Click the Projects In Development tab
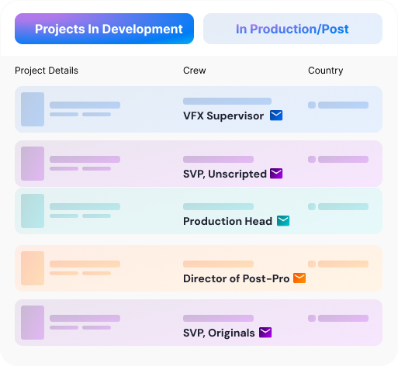(104, 29)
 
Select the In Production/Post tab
(292, 29)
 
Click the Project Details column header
(47, 71)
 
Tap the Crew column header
(195, 71)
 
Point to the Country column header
(326, 71)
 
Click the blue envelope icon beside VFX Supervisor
(276, 116)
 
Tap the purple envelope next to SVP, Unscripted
(276, 174)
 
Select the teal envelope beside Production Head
(283, 221)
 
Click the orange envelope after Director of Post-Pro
(299, 278)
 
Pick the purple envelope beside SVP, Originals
(265, 333)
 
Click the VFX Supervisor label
(223, 116)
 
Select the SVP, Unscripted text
(225, 174)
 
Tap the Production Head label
(227, 221)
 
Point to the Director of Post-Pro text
(236, 278)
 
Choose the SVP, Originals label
(219, 333)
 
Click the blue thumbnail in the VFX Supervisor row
(33, 109)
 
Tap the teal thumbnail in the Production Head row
(33, 211)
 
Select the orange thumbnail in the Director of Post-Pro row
(33, 268)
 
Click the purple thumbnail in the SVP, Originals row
(33, 323)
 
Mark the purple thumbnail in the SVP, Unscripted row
(33, 164)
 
